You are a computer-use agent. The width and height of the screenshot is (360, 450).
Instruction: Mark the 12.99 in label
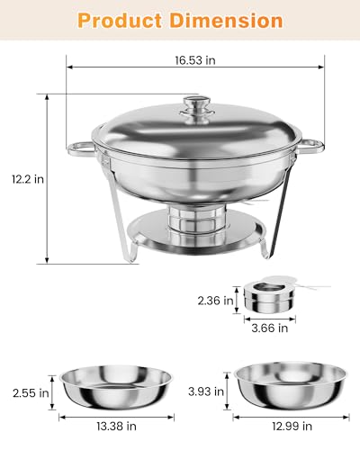pyautogui.click(x=288, y=428)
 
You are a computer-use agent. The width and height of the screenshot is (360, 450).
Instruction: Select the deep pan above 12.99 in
pyautogui.click(x=289, y=382)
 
